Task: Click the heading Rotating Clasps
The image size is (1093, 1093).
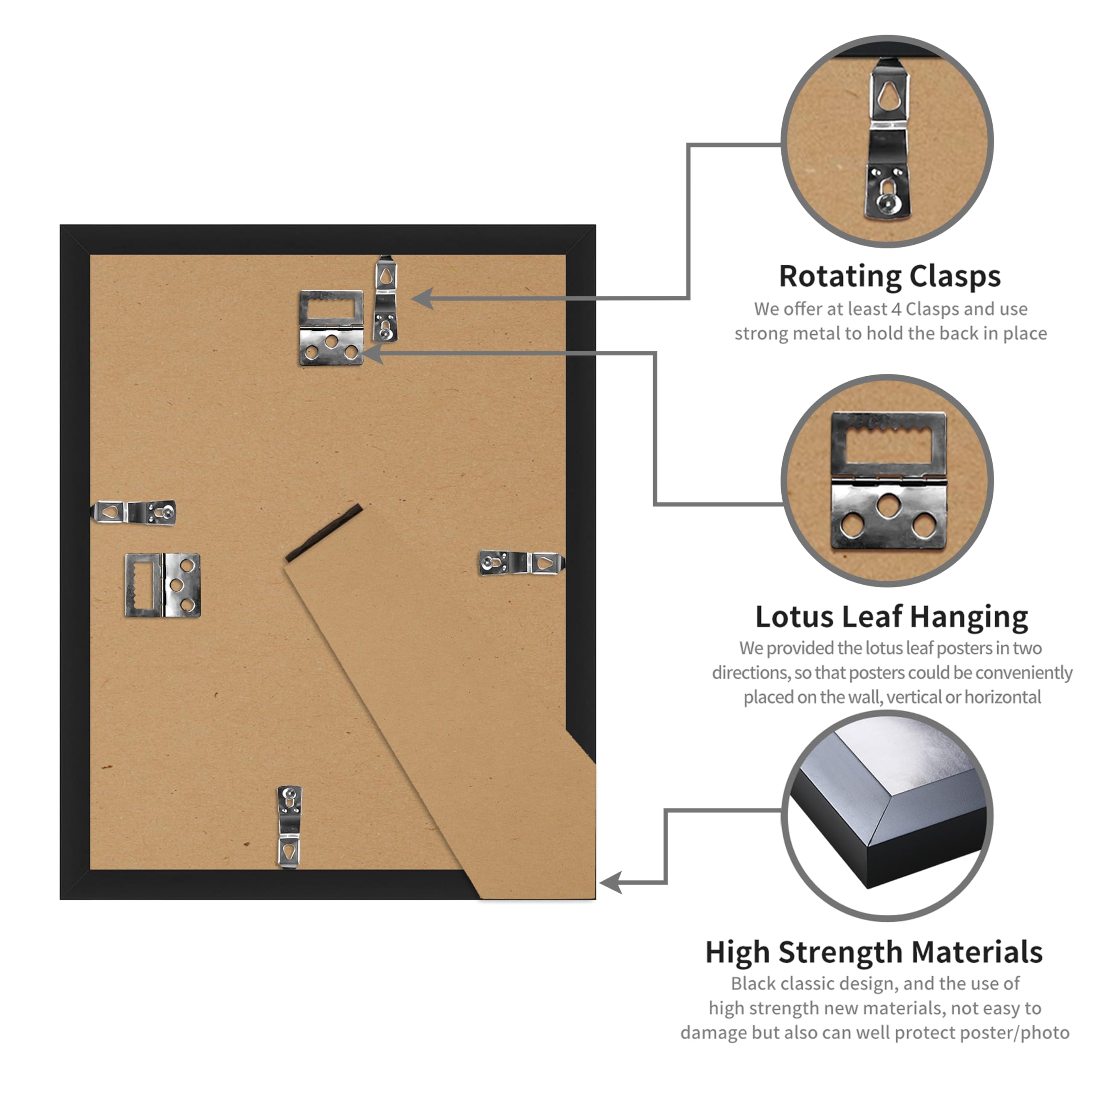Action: (x=889, y=277)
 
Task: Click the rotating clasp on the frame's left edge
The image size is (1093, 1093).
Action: (x=134, y=512)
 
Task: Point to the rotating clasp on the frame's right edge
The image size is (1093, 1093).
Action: (x=522, y=563)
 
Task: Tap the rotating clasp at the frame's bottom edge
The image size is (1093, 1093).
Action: (x=289, y=827)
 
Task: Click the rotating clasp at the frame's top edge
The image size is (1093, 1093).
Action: (x=385, y=299)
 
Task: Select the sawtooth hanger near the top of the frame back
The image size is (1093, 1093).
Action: (x=331, y=328)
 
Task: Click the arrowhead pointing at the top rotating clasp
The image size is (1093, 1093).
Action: (x=421, y=298)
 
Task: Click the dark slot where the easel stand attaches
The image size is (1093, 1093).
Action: (x=324, y=532)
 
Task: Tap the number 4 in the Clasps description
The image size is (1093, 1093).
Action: (x=896, y=310)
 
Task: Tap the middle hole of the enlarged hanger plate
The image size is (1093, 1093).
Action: (x=889, y=505)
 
